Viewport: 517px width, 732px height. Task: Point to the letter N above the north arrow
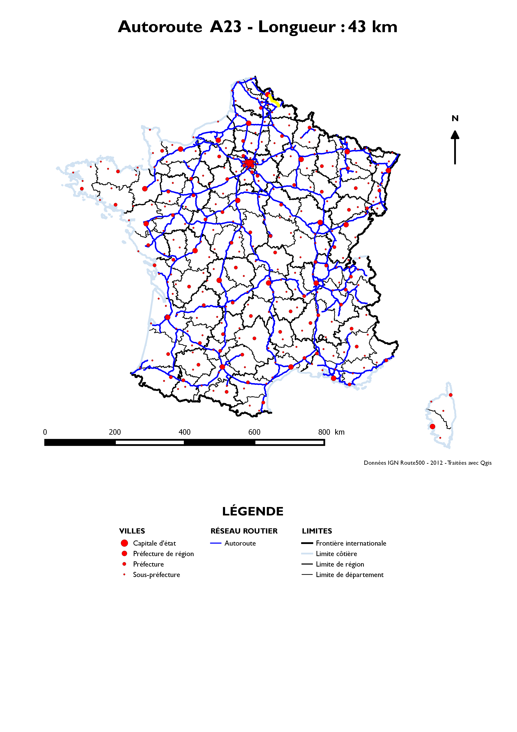[455, 119]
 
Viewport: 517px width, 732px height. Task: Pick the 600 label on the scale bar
[254, 432]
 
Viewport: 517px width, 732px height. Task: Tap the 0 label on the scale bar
[45, 432]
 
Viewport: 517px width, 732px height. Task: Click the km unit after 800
[340, 432]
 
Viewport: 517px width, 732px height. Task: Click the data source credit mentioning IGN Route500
[428, 463]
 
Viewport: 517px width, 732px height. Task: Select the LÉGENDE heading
[253, 511]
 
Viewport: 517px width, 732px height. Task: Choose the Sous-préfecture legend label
[156, 575]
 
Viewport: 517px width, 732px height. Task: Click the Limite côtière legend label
[336, 554]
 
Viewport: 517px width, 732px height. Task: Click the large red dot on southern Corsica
[432, 427]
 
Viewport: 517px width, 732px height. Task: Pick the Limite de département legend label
[349, 575]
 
